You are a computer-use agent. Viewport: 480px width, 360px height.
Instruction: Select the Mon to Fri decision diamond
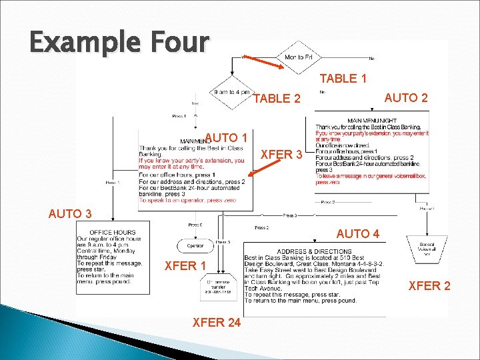pos(299,57)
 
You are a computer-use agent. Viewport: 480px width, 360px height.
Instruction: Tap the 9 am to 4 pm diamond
pos(232,92)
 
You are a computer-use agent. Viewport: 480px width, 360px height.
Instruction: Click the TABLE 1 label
pos(343,79)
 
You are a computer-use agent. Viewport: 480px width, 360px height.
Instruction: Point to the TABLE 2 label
pos(277,99)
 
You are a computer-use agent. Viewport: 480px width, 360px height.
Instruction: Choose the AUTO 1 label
pos(227,139)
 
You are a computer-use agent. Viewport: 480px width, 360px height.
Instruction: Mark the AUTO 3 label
pos(70,214)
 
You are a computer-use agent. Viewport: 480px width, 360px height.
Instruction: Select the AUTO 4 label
pos(358,234)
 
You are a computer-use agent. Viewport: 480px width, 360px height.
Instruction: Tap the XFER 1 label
pos(189,266)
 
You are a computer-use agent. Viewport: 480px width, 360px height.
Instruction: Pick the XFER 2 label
pos(429,286)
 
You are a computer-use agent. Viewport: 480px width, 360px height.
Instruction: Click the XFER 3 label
pos(282,155)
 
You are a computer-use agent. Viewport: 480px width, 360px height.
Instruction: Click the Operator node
pos(195,245)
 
